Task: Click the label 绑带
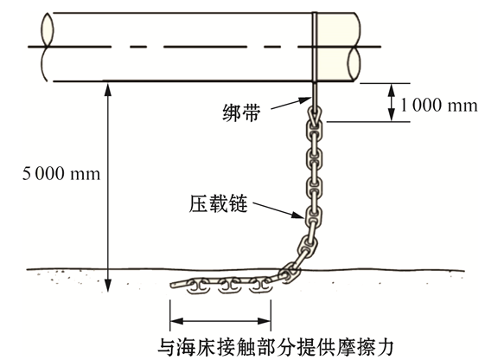[x=241, y=112]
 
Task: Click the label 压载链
[x=219, y=203]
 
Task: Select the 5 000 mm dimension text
[x=61, y=173]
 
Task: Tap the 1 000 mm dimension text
[x=438, y=106]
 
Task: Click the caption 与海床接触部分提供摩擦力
[x=275, y=347]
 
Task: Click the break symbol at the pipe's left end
[x=47, y=47]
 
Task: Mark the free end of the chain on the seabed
[x=172, y=285]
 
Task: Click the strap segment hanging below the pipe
[x=315, y=94]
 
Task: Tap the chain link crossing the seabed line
[x=290, y=272]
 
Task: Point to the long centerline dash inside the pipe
[x=205, y=47]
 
